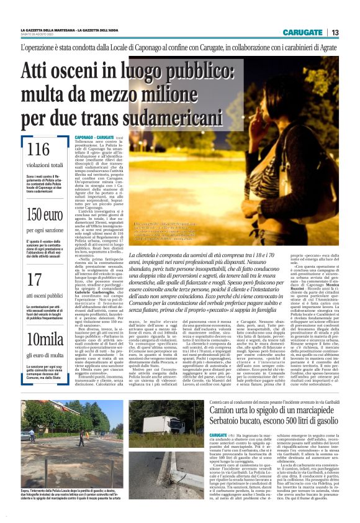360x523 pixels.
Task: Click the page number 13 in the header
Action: point(335,32)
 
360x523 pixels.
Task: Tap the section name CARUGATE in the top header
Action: point(302,32)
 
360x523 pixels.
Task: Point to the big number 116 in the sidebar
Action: point(38,150)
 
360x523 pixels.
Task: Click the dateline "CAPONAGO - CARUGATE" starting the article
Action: point(94,136)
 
